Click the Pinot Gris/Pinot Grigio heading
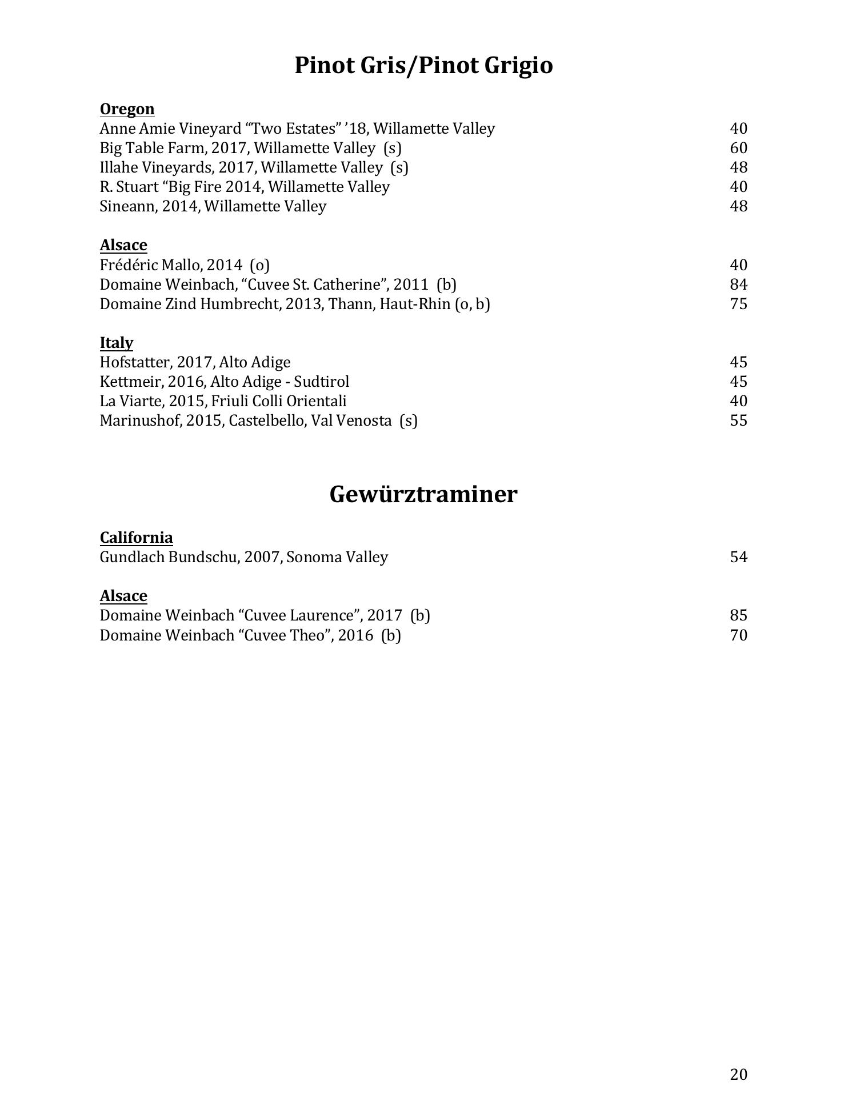point(423,66)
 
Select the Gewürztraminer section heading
point(423,494)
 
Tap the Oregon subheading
point(127,109)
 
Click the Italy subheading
point(117,343)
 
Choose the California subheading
point(136,538)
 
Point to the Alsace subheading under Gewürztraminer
point(123,596)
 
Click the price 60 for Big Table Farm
point(738,148)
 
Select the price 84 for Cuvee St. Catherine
point(738,285)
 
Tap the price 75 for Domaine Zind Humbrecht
point(738,304)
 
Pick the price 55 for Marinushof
point(738,421)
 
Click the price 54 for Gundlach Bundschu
point(738,557)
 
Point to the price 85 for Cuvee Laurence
point(738,615)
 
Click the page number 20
point(738,1075)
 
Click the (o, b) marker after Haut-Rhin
point(472,304)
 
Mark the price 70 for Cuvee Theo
point(738,635)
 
